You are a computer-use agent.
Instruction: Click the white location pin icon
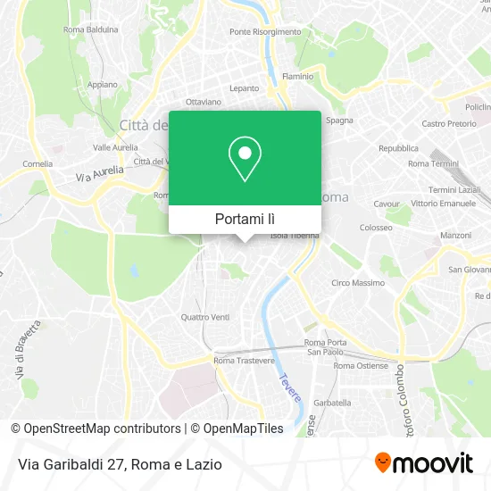click(245, 158)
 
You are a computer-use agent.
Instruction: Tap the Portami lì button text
click(245, 219)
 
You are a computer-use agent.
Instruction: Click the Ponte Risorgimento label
click(265, 31)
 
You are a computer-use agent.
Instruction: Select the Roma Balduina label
click(91, 29)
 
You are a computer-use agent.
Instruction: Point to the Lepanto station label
click(244, 88)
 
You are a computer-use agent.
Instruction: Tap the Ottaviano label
click(204, 102)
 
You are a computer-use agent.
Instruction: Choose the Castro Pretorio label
click(449, 123)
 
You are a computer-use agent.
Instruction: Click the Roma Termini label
click(432, 164)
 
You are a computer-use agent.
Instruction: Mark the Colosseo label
click(376, 227)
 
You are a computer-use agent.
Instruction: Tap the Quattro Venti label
click(205, 317)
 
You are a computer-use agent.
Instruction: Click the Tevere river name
click(289, 387)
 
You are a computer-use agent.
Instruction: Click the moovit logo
click(423, 463)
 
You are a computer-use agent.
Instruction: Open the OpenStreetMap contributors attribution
click(100, 429)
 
